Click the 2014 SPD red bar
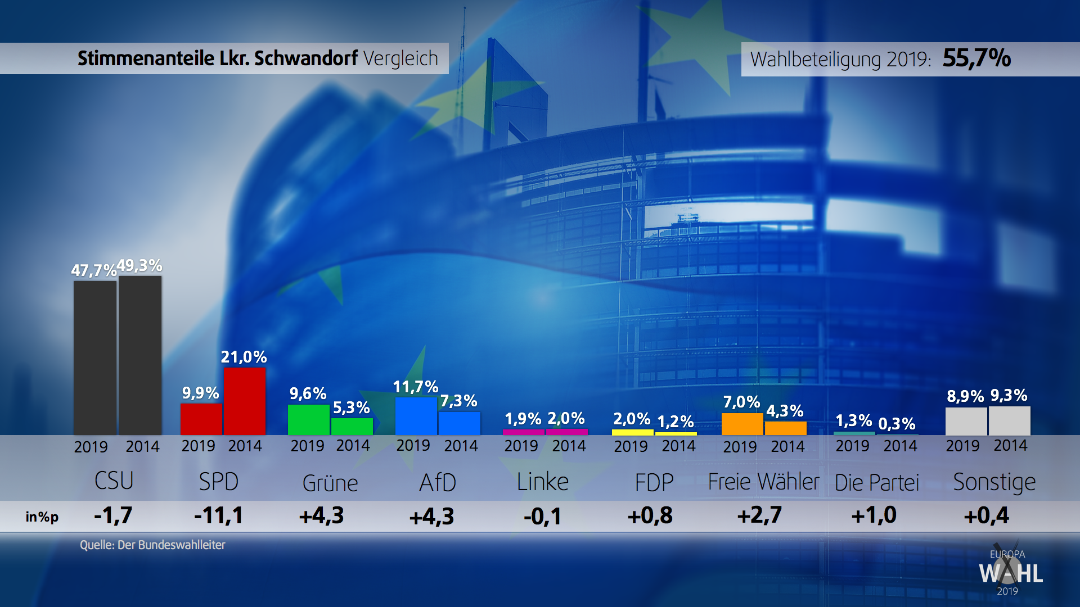click(x=244, y=401)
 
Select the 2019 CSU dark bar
click(x=95, y=357)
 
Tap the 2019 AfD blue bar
click(x=416, y=416)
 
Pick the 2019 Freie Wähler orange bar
click(x=742, y=424)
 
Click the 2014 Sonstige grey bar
click(x=1010, y=420)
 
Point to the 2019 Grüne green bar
click(x=308, y=419)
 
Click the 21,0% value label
click(x=244, y=357)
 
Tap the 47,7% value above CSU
click(x=93, y=270)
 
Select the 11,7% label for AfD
click(x=415, y=387)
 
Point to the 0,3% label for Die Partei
click(x=897, y=423)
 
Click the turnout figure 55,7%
click(x=976, y=58)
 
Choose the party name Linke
click(x=543, y=482)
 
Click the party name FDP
click(x=654, y=482)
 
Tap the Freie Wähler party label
click(x=763, y=482)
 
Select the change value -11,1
click(x=218, y=515)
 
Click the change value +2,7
click(x=759, y=515)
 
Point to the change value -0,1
click(x=542, y=516)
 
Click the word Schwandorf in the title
click(x=305, y=58)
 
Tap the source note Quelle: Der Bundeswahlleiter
click(x=152, y=545)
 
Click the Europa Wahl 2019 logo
click(x=1010, y=572)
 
